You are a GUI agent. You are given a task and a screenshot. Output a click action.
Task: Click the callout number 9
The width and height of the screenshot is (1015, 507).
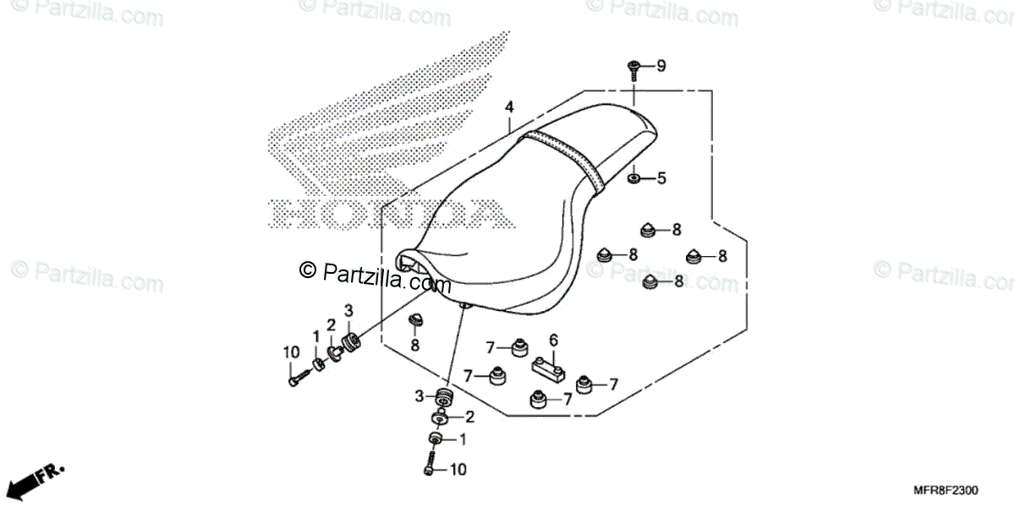(661, 65)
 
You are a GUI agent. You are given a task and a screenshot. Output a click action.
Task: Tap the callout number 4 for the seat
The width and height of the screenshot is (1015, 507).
(509, 107)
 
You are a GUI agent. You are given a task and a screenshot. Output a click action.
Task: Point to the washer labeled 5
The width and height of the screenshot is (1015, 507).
(633, 179)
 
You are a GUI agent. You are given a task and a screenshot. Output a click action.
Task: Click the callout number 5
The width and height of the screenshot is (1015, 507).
(661, 178)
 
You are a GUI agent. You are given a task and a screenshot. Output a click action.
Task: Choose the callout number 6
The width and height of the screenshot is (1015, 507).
(554, 340)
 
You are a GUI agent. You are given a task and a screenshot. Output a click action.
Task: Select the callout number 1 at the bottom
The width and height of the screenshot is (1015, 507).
(462, 439)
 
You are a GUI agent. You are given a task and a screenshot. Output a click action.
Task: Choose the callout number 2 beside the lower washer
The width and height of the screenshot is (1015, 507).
(469, 417)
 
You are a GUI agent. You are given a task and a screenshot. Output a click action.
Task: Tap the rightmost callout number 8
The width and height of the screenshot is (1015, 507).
(721, 255)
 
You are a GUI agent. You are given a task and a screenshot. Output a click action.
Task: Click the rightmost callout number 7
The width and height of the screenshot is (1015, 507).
(613, 384)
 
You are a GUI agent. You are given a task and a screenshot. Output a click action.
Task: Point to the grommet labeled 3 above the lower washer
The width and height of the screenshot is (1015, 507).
(443, 398)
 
